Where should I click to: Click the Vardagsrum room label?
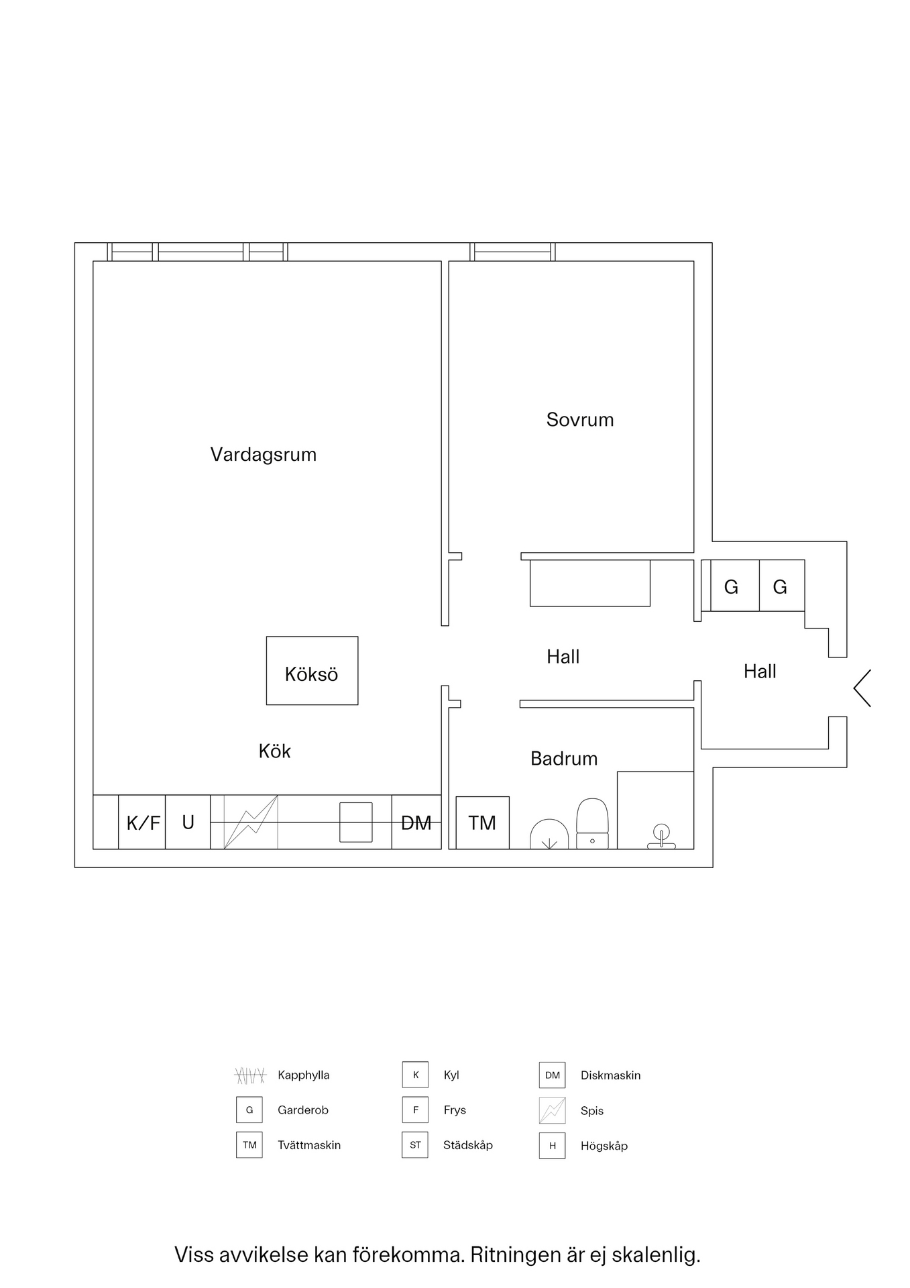[x=263, y=455]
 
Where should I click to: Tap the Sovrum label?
[x=580, y=420]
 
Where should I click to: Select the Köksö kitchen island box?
[x=312, y=671]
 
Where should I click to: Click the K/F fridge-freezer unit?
[x=143, y=822]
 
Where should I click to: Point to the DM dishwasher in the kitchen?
[x=416, y=822]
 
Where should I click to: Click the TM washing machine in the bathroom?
[x=482, y=822]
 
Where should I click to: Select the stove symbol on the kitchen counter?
[x=250, y=822]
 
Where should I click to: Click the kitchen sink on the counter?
[x=355, y=822]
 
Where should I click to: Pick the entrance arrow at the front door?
[x=862, y=688]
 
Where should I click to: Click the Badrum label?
[x=563, y=759]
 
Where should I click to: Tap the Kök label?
[x=274, y=751]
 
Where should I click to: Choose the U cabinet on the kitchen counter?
[x=188, y=822]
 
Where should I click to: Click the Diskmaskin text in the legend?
[x=610, y=1075]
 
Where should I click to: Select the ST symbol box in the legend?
[x=415, y=1145]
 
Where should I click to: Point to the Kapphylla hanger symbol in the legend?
[x=250, y=1075]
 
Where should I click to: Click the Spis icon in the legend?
[x=552, y=1110]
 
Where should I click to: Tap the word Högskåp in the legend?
[x=604, y=1146]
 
